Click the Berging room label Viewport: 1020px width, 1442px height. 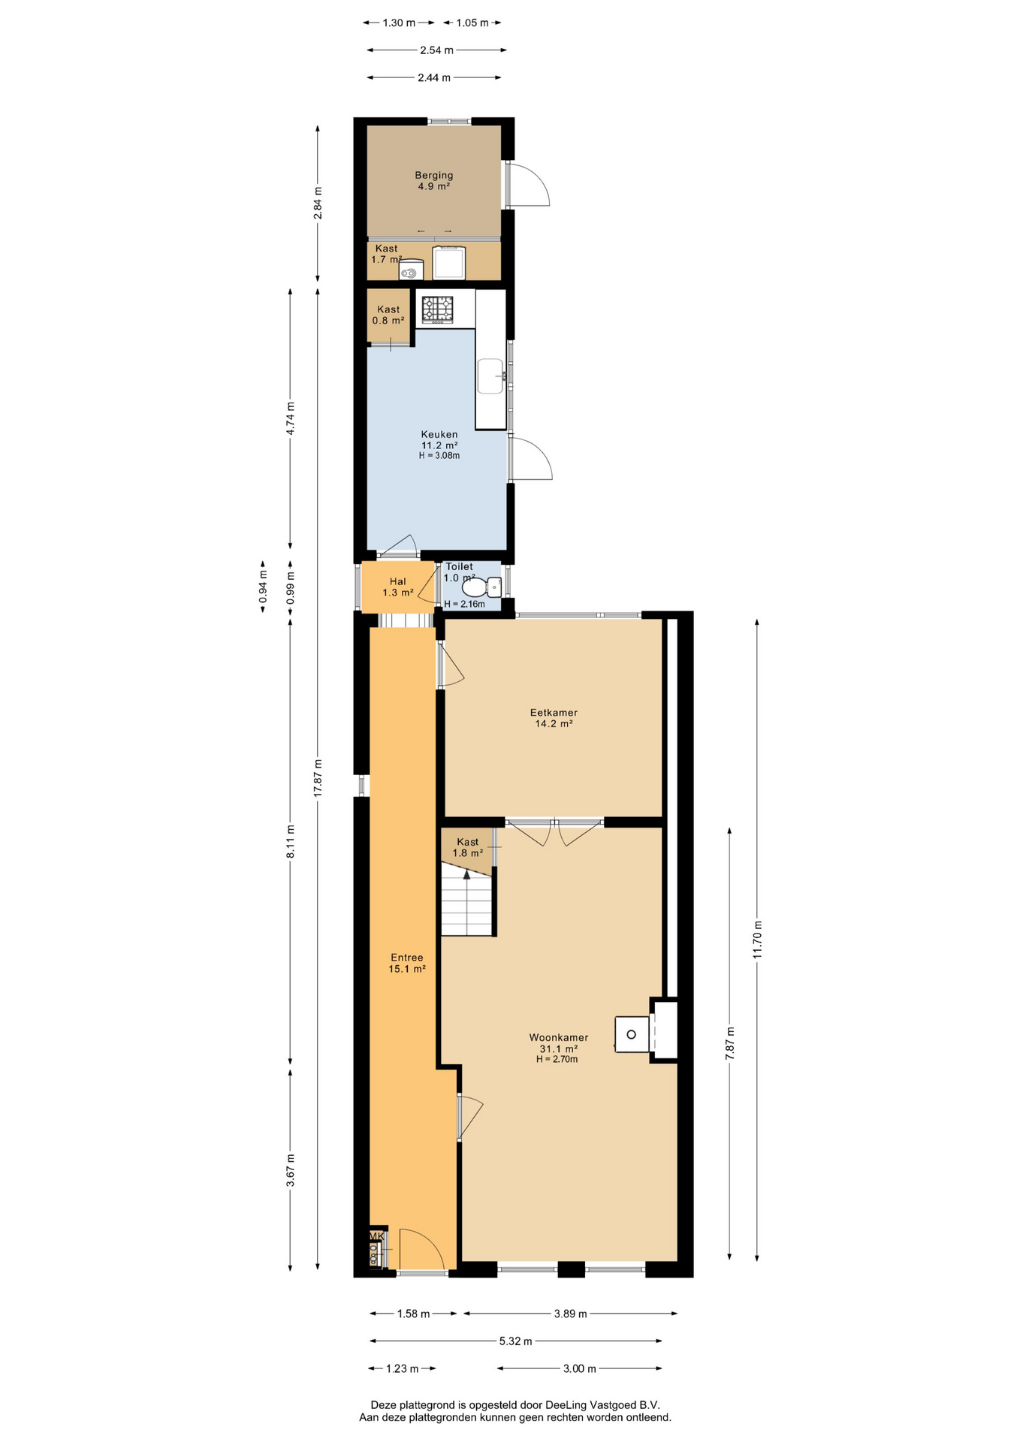click(434, 175)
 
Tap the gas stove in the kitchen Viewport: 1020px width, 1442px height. click(438, 309)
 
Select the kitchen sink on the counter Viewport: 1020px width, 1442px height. click(491, 376)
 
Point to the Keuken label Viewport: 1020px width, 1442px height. click(439, 434)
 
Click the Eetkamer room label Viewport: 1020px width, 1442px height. click(554, 713)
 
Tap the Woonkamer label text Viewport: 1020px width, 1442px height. click(558, 1037)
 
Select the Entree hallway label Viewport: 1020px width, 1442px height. click(407, 958)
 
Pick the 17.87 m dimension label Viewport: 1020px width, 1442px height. click(318, 777)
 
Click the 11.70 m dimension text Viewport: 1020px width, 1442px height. click(757, 939)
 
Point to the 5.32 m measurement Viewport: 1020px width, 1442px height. click(516, 1341)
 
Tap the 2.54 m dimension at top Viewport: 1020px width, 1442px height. click(436, 50)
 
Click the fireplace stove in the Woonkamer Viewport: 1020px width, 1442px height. click(632, 1034)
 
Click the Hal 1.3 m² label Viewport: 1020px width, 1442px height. click(398, 587)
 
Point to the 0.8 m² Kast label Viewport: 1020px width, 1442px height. click(388, 315)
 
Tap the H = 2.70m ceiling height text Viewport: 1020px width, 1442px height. click(557, 1059)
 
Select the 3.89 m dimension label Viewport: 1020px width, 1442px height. click(571, 1314)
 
